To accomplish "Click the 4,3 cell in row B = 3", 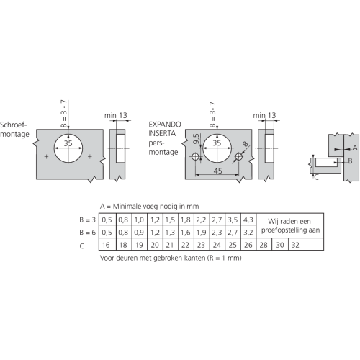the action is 248,220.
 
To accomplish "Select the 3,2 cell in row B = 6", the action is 248,232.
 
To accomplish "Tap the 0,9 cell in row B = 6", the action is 140,232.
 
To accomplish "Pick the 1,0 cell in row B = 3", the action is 140,220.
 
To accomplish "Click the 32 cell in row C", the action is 306,245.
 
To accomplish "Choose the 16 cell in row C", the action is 107,245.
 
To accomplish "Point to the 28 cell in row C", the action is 264,245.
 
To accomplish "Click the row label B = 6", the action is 88,233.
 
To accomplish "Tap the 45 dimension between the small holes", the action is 217,171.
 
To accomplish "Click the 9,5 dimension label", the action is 196,139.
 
